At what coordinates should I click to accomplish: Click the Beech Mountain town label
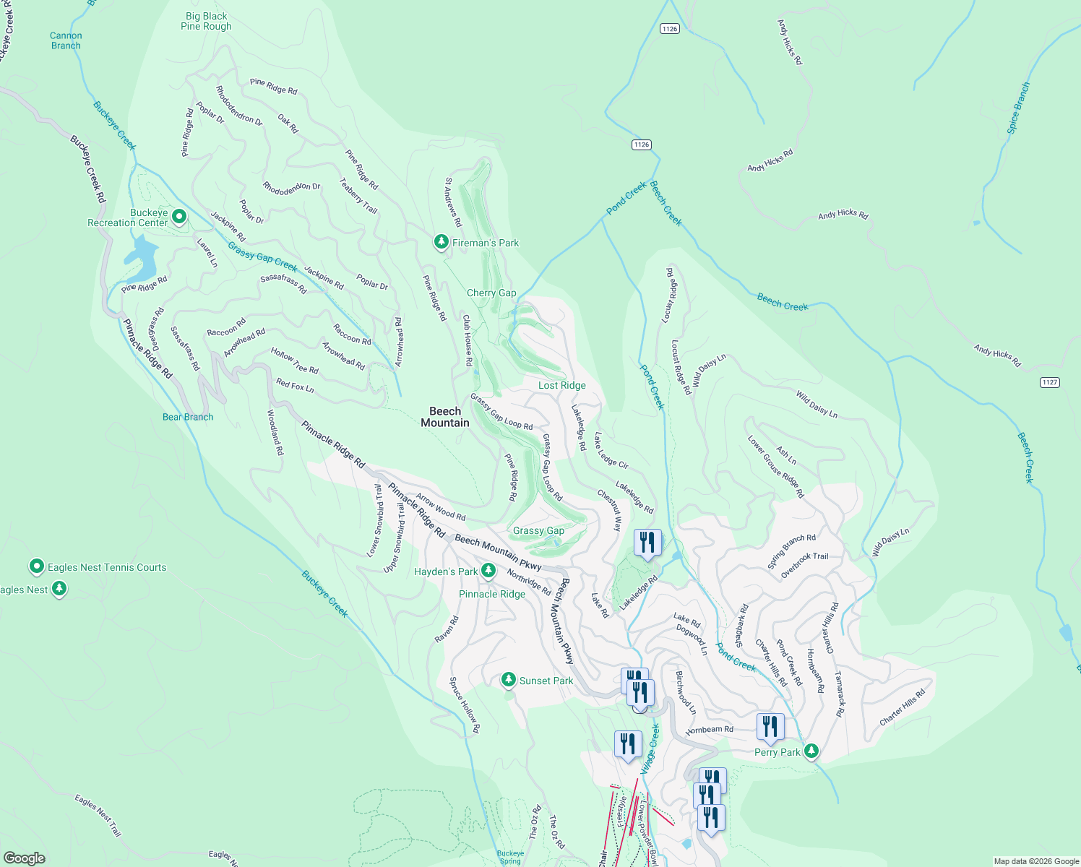(445, 417)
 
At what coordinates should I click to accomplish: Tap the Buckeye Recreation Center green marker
(179, 216)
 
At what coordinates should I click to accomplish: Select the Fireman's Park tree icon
(441, 242)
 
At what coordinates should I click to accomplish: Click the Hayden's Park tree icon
(488, 571)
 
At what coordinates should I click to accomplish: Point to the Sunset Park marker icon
(509, 680)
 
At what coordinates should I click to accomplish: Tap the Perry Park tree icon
(811, 751)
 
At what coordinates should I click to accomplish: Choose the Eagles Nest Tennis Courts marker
(37, 566)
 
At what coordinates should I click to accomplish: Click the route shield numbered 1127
(1049, 382)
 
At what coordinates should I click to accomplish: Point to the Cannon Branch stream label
(66, 40)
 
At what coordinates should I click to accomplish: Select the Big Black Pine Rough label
(206, 21)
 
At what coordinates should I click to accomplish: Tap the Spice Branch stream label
(1019, 108)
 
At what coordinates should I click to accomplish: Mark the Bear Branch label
(188, 417)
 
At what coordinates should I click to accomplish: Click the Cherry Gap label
(491, 293)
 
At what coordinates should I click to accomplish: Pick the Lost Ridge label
(561, 385)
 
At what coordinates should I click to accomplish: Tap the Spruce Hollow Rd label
(465, 705)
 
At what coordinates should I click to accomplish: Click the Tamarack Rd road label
(839, 694)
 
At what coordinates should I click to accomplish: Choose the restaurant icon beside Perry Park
(770, 726)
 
